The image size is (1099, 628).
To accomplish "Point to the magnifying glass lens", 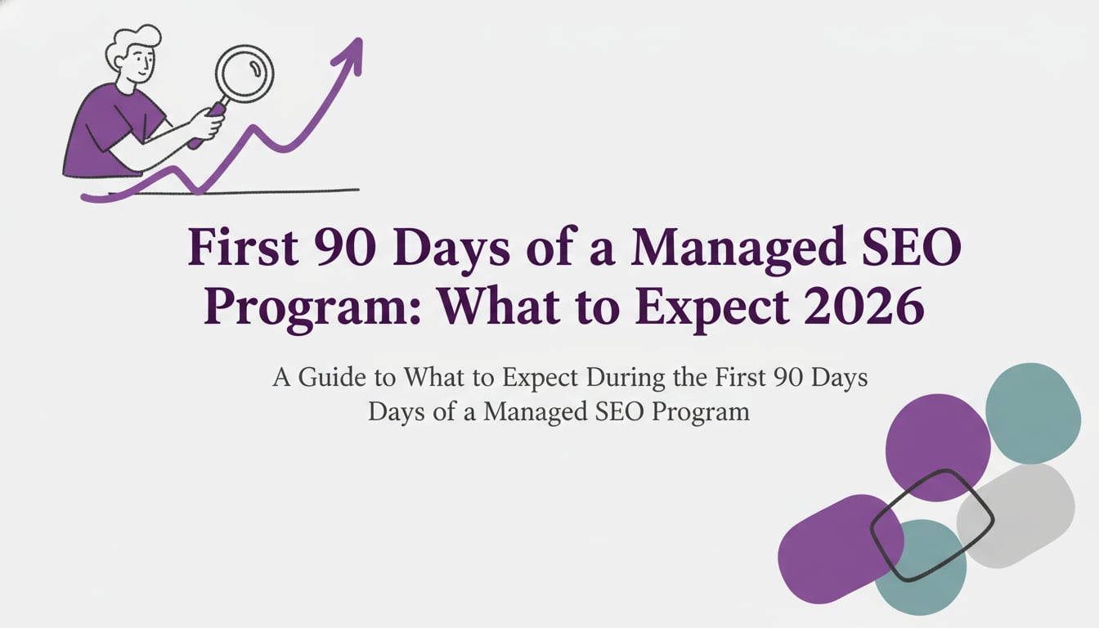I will point(244,74).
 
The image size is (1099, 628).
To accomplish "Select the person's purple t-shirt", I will point(106,131).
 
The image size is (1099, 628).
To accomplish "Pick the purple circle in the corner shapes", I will point(937,442).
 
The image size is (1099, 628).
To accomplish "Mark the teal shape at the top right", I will point(1033,414).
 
